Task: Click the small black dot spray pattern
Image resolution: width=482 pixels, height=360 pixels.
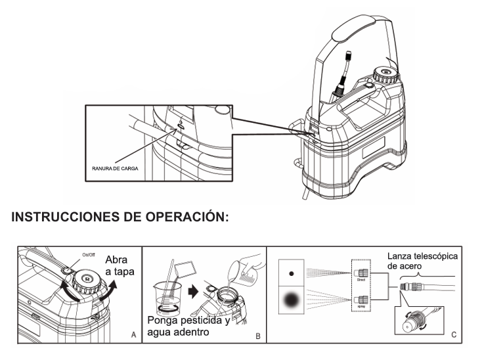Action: point(290,270)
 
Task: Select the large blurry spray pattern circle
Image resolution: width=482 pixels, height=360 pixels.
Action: point(290,305)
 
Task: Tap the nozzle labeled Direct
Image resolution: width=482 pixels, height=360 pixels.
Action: point(361,271)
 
